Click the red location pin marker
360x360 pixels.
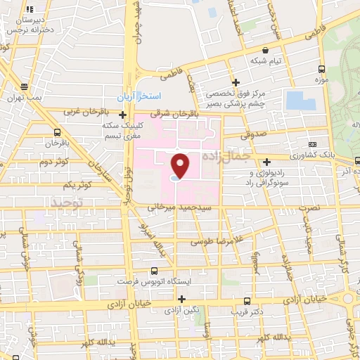pyautogui.click(x=181, y=165)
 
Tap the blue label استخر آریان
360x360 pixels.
pyautogui.click(x=139, y=95)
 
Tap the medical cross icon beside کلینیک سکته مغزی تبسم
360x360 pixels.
pyautogui.click(x=123, y=115)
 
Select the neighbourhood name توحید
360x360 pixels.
pyautogui.click(x=66, y=202)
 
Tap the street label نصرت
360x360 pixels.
pyautogui.click(x=307, y=209)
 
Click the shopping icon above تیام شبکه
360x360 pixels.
pyautogui.click(x=264, y=51)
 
